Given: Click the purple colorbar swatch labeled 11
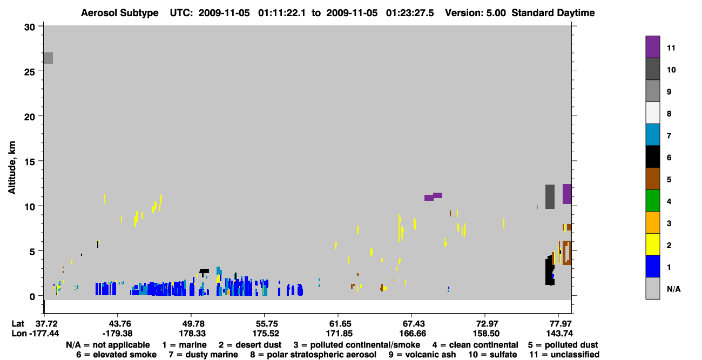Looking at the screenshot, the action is pos(652,46).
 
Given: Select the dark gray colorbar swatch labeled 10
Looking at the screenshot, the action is pos(652,69).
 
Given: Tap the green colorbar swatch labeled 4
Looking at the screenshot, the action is pos(652,201).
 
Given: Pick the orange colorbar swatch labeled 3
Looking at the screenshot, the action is pos(652,222).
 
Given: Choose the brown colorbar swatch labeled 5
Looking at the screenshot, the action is pos(652,179).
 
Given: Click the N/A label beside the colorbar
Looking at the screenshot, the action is pos(673,289).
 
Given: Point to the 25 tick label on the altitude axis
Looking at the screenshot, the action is pos(30,72).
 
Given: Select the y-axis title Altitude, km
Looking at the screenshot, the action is pos(12,168).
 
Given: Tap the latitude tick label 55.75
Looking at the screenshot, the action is pos(266,324).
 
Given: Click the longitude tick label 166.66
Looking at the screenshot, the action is pos(413,334).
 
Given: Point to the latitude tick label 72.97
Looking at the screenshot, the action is pos(486,324).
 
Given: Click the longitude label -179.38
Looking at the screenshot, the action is pos(118,334).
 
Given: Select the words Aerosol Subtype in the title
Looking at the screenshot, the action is pos(120,13).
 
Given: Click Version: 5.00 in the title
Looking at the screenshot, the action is pos(475,13).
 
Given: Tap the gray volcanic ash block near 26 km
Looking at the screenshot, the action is pos(48,58).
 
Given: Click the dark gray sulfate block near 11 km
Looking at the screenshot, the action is pos(550,197).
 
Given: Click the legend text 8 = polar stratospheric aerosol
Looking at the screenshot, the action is pos(313,355).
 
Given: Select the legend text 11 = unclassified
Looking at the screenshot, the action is pos(564,355).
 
